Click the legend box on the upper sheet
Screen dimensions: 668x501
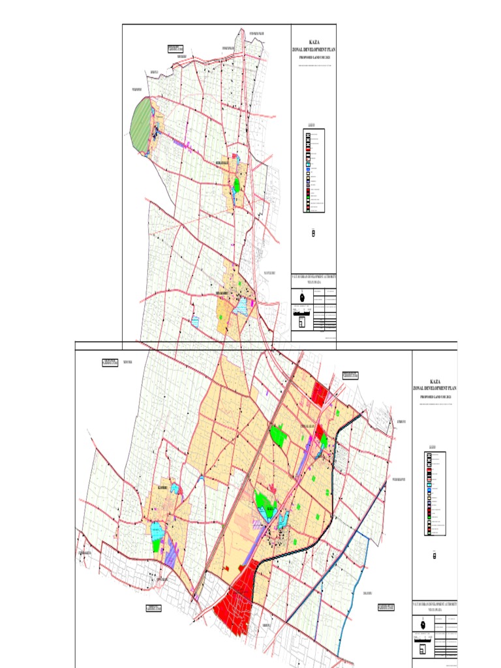(314, 170)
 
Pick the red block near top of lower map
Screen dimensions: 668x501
(320, 393)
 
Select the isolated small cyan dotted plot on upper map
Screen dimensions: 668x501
(195, 322)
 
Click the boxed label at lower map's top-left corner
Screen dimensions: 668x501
(110, 363)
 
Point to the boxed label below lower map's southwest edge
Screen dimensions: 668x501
(154, 609)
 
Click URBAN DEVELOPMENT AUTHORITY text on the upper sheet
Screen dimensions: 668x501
(314, 277)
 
